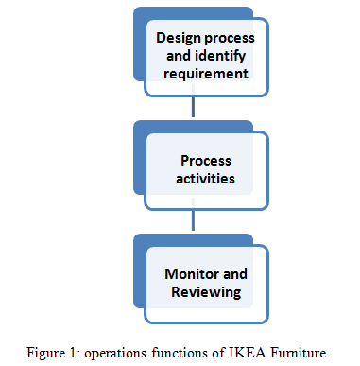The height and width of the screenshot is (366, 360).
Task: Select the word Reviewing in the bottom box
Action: click(x=205, y=292)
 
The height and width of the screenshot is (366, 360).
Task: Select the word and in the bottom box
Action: click(x=235, y=274)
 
